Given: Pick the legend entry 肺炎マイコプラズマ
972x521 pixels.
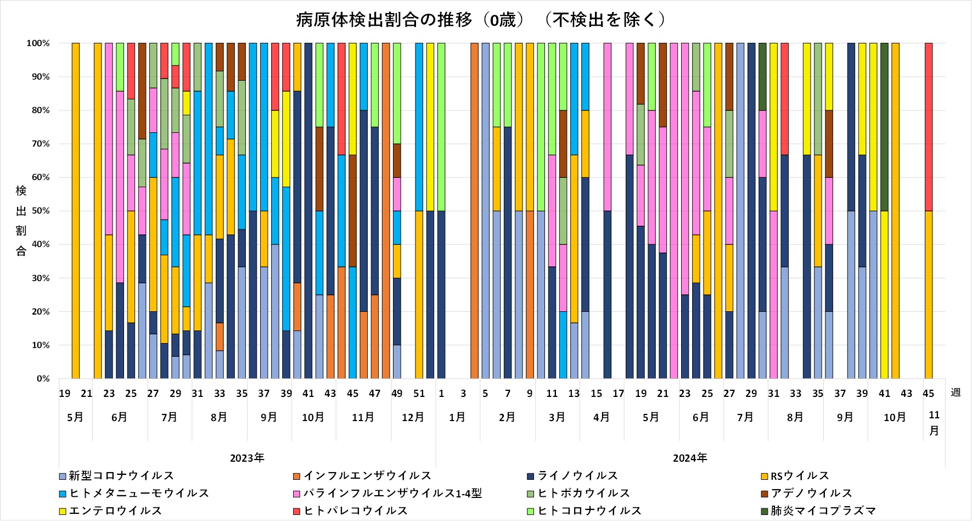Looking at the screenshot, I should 823,511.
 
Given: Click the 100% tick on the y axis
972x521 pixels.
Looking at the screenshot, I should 38,43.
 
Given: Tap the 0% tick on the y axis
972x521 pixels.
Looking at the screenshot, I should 43,379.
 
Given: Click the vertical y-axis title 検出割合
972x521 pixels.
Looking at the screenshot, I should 21,221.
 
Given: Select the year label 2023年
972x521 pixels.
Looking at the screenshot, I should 247,458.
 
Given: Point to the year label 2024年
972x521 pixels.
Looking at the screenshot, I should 690,458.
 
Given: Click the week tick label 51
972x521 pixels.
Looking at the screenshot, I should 419,394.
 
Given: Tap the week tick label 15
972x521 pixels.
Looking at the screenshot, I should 596,394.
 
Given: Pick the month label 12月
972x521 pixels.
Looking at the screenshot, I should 413,417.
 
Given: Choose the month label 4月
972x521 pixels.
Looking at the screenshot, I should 601,417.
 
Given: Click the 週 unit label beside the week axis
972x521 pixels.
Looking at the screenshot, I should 956,393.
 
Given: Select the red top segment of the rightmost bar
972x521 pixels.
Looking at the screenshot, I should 928,127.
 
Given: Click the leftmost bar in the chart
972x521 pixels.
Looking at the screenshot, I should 76,211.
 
